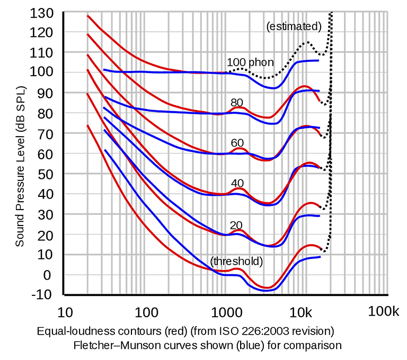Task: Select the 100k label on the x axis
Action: (x=384, y=311)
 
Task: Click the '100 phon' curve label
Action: (x=250, y=62)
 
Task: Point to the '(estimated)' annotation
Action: (x=294, y=26)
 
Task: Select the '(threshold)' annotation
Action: (x=236, y=261)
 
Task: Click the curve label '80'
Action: (x=236, y=103)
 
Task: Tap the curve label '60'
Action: (x=236, y=143)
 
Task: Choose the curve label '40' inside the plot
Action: (x=237, y=183)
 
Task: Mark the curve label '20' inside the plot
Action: (x=236, y=223)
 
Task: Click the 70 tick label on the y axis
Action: (x=49, y=133)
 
